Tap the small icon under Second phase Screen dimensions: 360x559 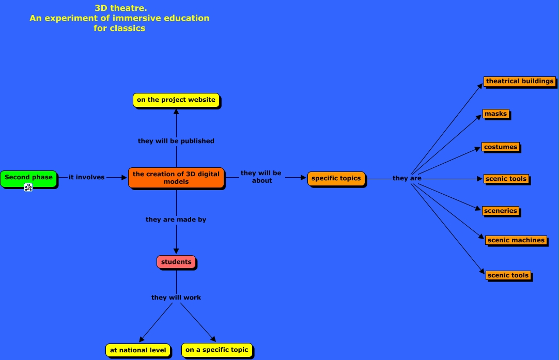pyautogui.click(x=28, y=187)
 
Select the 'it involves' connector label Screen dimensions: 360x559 pyautogui.click(x=86, y=177)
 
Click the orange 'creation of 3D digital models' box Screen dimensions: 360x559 pyautogui.click(x=176, y=178)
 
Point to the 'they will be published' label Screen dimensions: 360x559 pyautogui.click(x=176, y=140)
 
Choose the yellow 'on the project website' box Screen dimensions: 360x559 pyautogui.click(x=176, y=100)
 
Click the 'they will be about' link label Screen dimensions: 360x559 pyautogui.click(x=261, y=177)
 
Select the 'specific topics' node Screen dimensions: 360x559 pyautogui.click(x=336, y=178)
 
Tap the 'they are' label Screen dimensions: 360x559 pyautogui.click(x=407, y=178)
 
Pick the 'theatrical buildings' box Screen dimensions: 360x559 pyautogui.click(x=520, y=81)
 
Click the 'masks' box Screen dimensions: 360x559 pyautogui.click(x=496, y=114)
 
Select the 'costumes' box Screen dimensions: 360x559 pyautogui.click(x=501, y=147)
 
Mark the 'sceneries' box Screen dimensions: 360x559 pyautogui.click(x=501, y=211)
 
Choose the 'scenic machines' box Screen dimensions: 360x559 pyautogui.click(x=516, y=240)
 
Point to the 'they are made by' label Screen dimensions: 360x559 pyautogui.click(x=176, y=220)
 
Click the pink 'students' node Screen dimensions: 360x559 pyautogui.click(x=176, y=262)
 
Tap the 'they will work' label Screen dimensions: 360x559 pyautogui.click(x=176, y=298)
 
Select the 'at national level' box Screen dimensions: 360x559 pyautogui.click(x=138, y=350)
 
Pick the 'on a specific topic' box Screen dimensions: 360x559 pyautogui.click(x=217, y=350)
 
